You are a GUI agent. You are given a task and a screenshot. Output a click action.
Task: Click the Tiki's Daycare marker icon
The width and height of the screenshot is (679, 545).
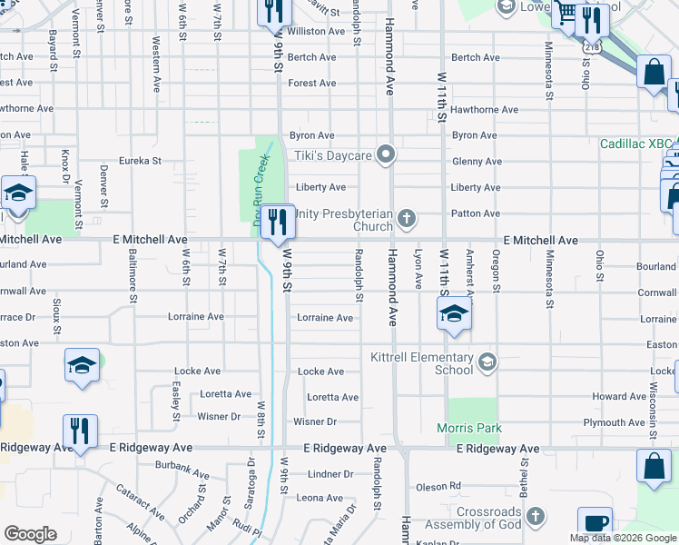386,154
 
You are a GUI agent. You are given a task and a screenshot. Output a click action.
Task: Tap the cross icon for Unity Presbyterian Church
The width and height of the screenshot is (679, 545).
407,218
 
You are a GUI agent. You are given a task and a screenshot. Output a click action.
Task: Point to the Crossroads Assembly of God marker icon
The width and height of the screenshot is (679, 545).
536,517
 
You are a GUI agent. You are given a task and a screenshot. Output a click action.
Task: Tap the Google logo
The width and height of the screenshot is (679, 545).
30,534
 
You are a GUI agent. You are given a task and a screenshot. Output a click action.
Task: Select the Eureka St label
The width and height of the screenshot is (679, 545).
140,161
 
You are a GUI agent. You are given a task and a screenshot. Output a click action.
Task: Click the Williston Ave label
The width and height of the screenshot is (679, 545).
316,31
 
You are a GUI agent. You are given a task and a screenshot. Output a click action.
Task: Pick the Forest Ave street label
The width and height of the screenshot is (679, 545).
311,83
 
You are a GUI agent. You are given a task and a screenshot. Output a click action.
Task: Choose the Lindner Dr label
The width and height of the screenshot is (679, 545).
330,474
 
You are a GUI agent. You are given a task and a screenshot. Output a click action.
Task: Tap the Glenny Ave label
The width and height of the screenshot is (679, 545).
477,162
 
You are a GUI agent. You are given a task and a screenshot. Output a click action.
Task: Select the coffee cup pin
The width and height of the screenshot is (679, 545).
595,524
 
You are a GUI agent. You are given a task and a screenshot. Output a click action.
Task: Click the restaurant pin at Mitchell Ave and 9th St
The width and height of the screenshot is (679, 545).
277,221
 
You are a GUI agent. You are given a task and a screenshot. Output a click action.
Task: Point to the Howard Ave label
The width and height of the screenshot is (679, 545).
619,397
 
